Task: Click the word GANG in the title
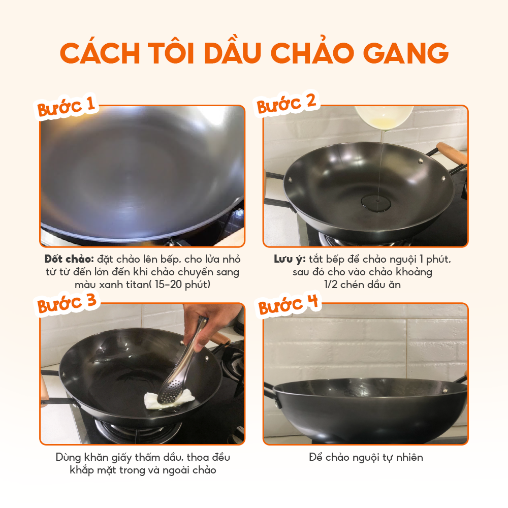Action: pos(405,53)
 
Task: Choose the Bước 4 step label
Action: pos(288,304)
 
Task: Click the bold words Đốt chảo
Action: pos(69,259)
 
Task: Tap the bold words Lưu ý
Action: pos(290,259)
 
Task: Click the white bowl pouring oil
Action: pos(384,117)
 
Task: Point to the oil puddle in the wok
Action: pos(376,204)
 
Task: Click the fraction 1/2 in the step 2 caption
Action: pos(331,284)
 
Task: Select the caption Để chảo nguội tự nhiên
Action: pos(366,458)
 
